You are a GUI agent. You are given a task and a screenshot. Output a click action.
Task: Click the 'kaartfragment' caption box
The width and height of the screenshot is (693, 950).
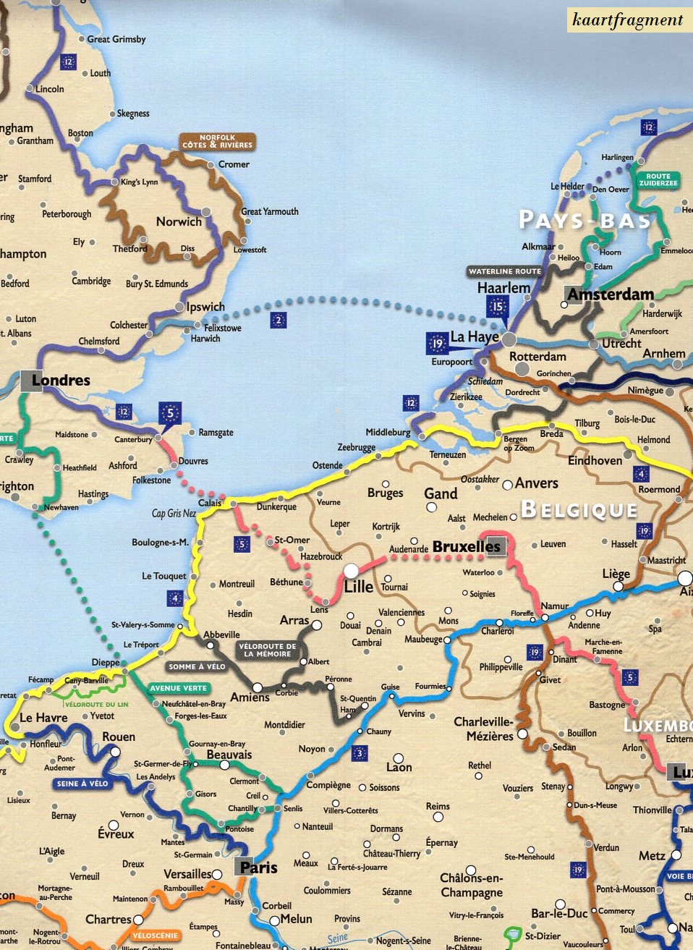tap(627, 20)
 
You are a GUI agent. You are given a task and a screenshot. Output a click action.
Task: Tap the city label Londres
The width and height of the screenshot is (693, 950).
tap(61, 381)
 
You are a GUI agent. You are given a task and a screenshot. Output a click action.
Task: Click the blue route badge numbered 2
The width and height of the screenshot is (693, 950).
tap(279, 321)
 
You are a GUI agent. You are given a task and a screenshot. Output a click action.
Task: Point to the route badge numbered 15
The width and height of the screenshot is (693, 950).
tap(497, 307)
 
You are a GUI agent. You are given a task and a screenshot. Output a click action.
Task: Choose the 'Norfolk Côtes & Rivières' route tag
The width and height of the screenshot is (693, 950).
tap(217, 141)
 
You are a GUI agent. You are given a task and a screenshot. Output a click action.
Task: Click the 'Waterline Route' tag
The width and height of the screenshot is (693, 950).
tap(504, 271)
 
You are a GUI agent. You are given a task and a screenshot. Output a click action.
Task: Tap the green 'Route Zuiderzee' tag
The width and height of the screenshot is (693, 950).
tap(658, 179)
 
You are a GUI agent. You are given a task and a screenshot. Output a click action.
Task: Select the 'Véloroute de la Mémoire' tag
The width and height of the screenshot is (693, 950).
tap(267, 650)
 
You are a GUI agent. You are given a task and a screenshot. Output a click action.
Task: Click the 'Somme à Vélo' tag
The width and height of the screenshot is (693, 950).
tap(197, 666)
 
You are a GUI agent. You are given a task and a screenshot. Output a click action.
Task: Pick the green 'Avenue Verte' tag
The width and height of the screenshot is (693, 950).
tap(179, 688)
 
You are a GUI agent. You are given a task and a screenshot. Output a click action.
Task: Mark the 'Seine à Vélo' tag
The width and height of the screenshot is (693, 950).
tap(82, 784)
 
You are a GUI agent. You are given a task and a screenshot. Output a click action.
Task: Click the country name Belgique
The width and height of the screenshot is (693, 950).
tap(579, 509)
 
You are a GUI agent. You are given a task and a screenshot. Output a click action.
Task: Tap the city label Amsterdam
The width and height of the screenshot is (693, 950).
tap(610, 294)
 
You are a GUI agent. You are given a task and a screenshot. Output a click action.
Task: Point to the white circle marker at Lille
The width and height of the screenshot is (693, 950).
tap(351, 571)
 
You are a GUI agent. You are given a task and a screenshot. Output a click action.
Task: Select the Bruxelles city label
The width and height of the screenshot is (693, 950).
tap(466, 547)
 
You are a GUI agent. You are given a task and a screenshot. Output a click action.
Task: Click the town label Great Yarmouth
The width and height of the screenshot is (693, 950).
tap(270, 211)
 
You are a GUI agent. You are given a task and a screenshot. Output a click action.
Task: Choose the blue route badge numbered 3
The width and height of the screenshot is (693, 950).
tap(359, 753)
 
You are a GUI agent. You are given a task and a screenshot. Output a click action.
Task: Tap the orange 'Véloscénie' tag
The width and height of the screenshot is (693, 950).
tap(155, 936)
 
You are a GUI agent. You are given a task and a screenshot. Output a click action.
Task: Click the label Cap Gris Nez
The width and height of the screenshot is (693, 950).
tap(174, 513)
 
